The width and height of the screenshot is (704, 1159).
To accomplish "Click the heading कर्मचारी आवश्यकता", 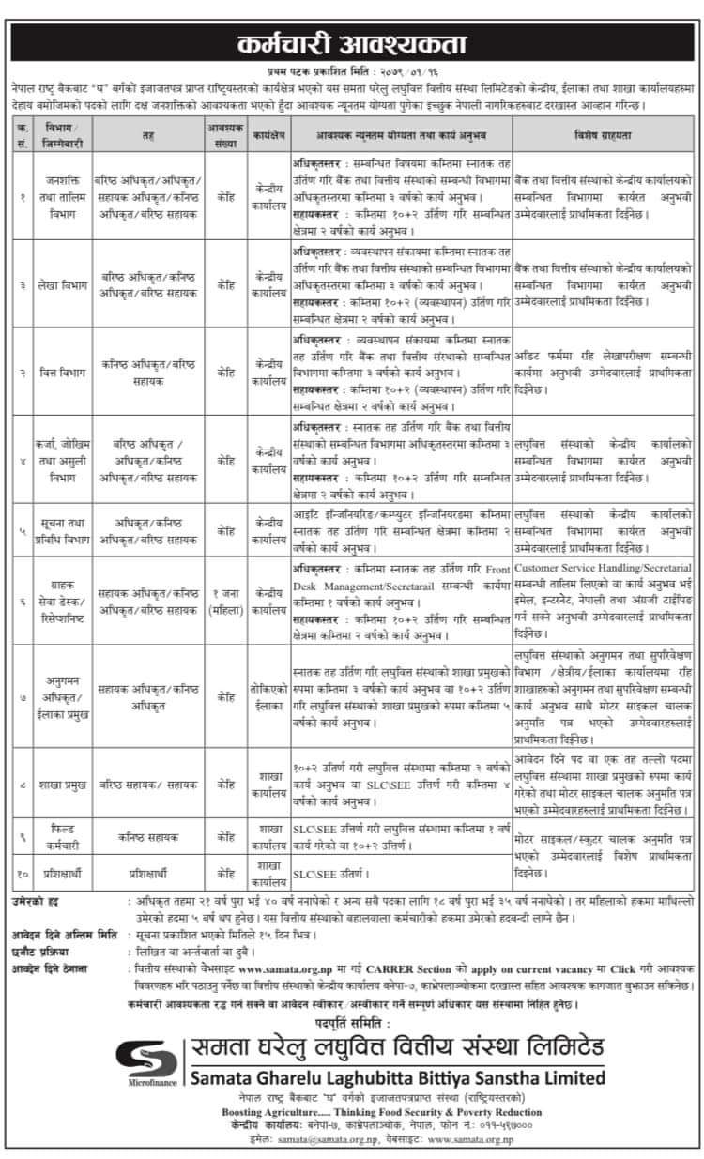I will tap(352, 44).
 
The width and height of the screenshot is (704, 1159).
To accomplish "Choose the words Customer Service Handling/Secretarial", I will tap(604, 569).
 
